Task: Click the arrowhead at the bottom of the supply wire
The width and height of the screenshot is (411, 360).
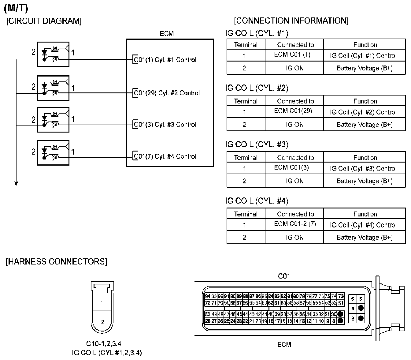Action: pos(16,183)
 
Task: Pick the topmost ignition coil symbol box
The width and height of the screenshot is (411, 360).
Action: pos(54,54)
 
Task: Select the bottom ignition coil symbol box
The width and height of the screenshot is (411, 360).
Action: pos(54,153)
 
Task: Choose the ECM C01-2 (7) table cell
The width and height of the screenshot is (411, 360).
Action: pos(294,224)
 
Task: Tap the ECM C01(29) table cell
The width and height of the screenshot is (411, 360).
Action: pos(293,111)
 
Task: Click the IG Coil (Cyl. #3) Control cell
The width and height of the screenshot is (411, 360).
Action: pos(363,169)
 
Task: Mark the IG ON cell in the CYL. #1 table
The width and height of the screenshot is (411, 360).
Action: pos(294,68)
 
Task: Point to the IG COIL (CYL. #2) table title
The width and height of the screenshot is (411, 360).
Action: pos(257,88)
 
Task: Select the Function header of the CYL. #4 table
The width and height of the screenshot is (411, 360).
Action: pos(365,214)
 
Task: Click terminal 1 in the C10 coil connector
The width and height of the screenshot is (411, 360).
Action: pos(102,302)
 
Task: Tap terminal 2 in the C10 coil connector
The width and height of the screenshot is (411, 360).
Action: pos(102,322)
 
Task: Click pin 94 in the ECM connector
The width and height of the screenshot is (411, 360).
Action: pos(208,296)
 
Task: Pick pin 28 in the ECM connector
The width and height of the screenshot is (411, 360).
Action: pos(208,321)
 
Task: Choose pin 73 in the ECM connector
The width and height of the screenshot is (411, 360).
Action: pos(341,296)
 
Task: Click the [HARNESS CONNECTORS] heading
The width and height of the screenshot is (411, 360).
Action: pos(57,262)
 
